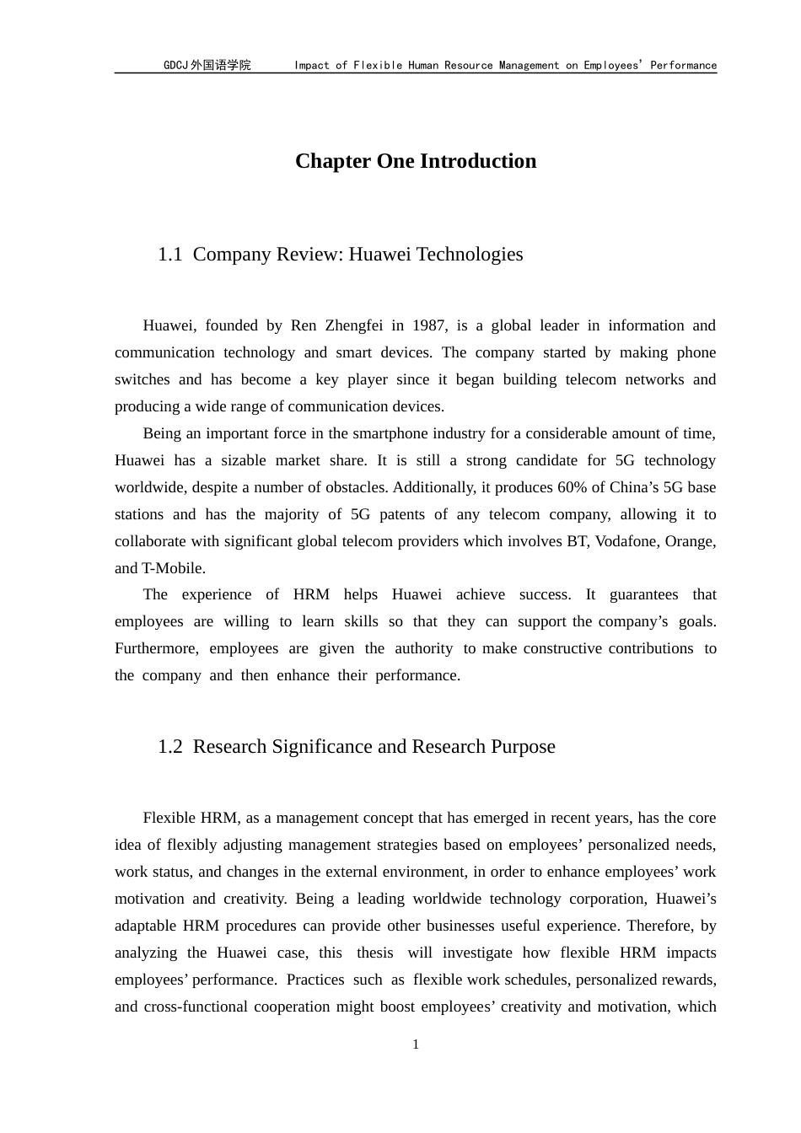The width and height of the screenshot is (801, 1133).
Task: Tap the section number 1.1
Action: click(169, 255)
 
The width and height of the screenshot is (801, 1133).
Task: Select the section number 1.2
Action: click(169, 747)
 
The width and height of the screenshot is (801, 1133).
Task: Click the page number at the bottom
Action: click(416, 1045)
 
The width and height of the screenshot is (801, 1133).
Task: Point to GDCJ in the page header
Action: click(175, 65)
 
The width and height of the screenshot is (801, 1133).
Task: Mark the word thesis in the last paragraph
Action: click(374, 953)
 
